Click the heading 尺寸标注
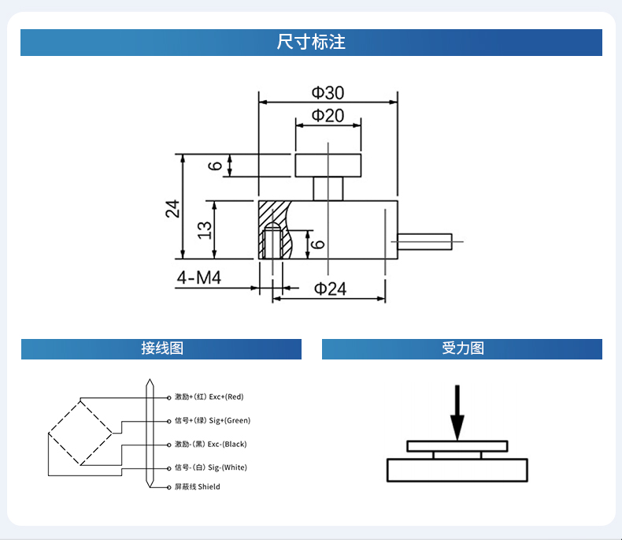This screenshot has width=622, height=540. click(311, 43)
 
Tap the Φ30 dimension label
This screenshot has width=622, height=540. click(328, 93)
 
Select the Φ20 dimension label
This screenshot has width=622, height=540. click(328, 116)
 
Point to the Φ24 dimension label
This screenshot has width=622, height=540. click(330, 289)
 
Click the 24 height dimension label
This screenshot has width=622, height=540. click(172, 208)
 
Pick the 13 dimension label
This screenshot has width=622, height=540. click(204, 229)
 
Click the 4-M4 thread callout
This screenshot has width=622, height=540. click(198, 278)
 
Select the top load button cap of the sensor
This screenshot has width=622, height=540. click(328, 166)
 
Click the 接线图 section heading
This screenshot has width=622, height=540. click(161, 348)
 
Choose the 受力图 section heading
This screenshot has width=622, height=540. click(462, 348)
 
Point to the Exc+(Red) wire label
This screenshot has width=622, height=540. click(209, 397)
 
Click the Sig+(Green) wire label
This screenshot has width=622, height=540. click(212, 420)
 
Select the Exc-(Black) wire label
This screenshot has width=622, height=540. click(210, 444)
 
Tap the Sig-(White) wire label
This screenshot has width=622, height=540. click(210, 467)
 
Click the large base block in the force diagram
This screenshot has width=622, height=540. click(457, 470)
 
